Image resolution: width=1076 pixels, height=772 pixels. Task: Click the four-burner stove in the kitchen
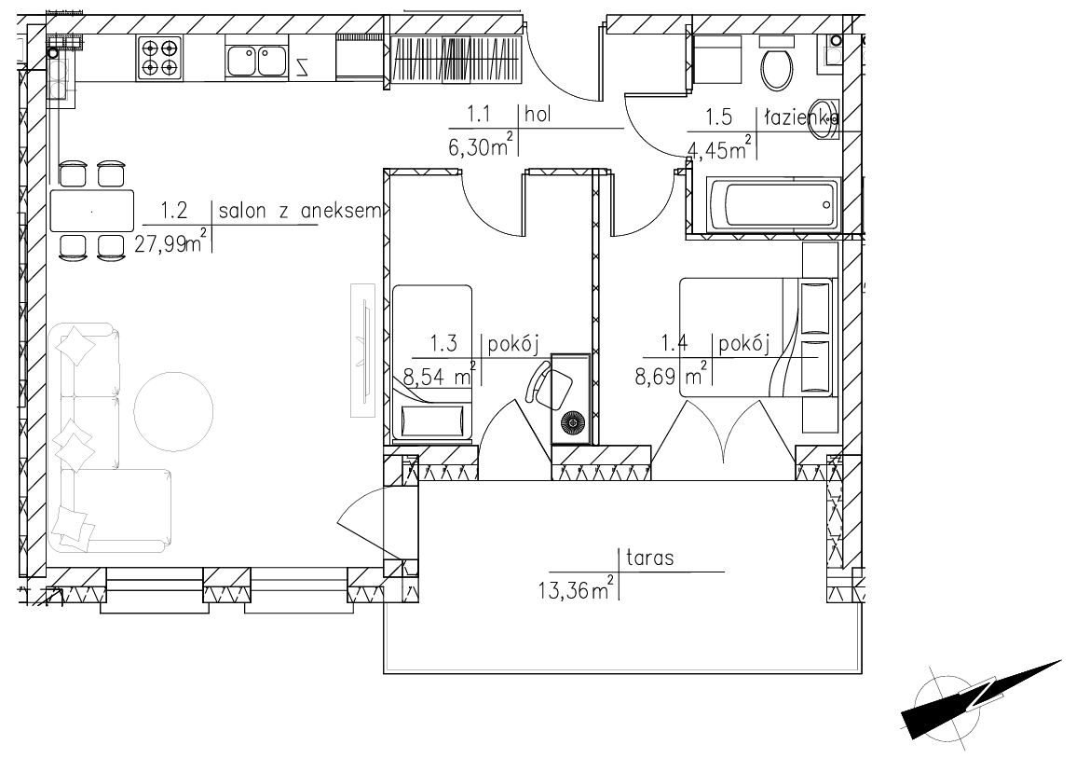coord(159,58)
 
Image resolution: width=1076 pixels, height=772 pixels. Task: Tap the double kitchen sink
coord(256,60)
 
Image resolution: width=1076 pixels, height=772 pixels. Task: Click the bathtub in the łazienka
coord(772,204)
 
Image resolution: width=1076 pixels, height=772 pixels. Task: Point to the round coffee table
coord(173,411)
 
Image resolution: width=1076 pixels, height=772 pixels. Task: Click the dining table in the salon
coord(92,211)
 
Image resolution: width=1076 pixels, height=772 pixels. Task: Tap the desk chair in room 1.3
coord(550,387)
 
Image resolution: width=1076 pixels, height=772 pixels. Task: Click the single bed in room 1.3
coord(432,363)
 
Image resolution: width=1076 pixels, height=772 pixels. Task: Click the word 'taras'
coord(650,558)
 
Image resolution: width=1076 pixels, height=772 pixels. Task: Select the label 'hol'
coord(538,114)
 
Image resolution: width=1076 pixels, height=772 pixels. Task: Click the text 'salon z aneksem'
coord(300,211)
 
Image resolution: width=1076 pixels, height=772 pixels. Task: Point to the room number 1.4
coord(674,343)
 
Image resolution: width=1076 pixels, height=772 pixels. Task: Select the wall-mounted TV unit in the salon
coord(363,351)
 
